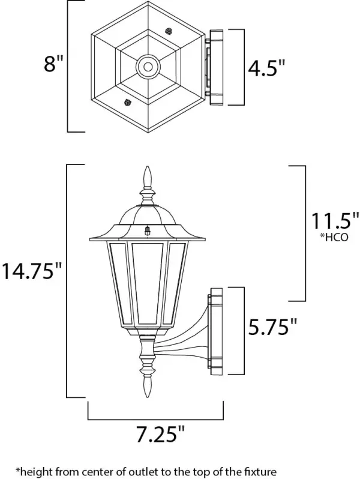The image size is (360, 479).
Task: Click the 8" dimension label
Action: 54,64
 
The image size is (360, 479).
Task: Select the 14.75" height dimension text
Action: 32,271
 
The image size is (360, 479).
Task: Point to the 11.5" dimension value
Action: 335,221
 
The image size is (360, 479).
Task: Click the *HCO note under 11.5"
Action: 334,238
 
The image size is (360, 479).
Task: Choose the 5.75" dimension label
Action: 272,327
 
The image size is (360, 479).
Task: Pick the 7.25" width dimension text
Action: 161,435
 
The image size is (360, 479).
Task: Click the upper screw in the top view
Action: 168,31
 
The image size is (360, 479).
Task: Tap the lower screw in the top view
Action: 127,102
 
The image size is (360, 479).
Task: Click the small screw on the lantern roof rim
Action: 148,230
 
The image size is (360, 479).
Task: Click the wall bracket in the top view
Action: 215,67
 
